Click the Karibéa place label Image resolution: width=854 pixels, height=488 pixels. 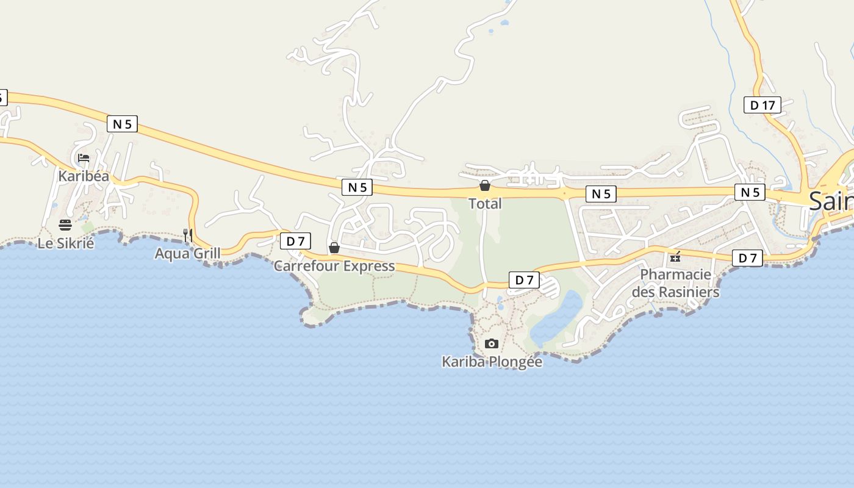pos(84,176)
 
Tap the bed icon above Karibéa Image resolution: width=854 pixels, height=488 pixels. pos(84,158)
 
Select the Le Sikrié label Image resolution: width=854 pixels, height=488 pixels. pos(66,243)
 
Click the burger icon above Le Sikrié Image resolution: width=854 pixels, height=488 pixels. pos(65,225)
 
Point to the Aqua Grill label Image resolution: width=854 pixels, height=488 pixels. pos(187,253)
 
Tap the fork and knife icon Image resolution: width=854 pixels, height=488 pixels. pos(188,235)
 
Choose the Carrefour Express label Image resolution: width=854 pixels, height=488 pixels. pos(334,266)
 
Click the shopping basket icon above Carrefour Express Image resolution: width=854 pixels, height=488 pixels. pos(334,248)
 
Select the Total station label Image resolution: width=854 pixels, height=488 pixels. pos(485,204)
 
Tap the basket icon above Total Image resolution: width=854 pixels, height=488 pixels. pos(485,185)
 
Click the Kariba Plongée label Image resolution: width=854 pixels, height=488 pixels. pos(492,362)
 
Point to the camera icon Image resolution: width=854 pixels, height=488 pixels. pos(492,344)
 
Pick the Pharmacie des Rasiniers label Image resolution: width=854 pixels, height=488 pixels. pos(675,283)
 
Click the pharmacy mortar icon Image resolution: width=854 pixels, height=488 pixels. pos(675,257)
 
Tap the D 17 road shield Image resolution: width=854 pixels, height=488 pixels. pos(762,105)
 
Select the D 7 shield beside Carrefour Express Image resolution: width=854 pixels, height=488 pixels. pos(295,241)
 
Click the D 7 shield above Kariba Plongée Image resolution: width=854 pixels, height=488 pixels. pos(524,280)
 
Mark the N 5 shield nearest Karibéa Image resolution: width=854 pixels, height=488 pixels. pos(122,124)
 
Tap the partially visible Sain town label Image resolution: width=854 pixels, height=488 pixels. pos(831,201)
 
